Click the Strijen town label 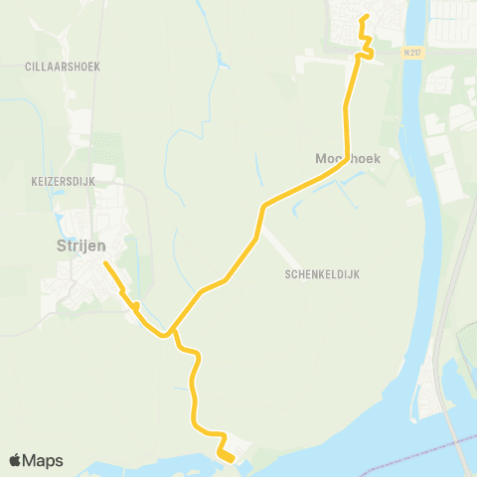pos(81,244)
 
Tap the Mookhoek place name pos(349,157)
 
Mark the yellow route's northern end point pos(365,16)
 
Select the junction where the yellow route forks pos(172,331)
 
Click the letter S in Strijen pos(59,244)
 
